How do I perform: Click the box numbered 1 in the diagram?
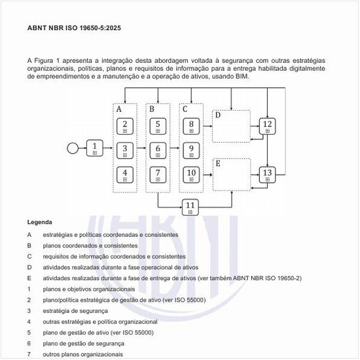coord(95,147)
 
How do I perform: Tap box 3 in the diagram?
coord(125,150)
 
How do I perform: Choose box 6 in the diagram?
coord(158,150)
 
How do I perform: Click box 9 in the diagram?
coord(190,150)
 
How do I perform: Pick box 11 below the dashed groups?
coord(190,206)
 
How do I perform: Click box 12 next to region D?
coord(266,126)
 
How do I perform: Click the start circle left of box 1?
coord(73,147)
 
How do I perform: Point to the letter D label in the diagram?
coord(218,116)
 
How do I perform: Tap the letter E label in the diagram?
coord(218,163)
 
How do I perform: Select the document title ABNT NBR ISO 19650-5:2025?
coord(73,29)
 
